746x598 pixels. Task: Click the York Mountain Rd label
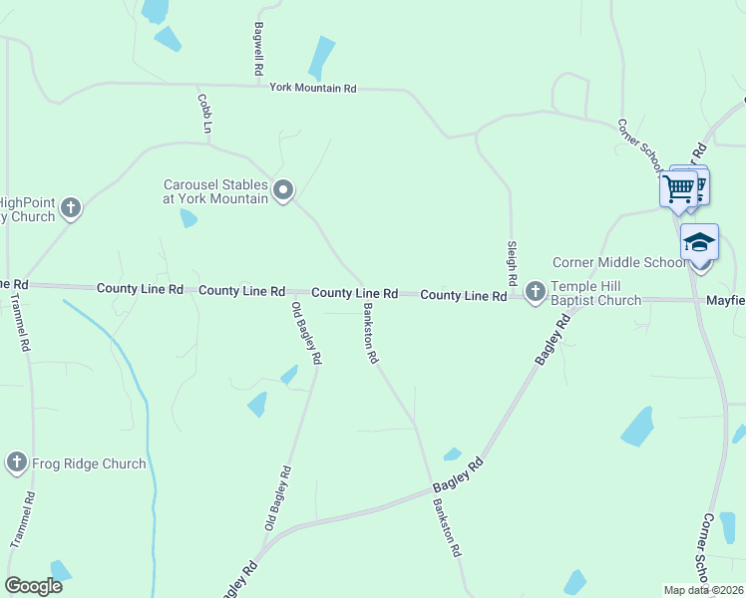[x=312, y=89]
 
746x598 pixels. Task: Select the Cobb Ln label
[x=205, y=114]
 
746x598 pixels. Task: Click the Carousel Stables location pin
[x=283, y=189]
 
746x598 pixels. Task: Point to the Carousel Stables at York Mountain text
[x=216, y=191]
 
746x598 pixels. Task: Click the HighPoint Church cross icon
[x=70, y=208]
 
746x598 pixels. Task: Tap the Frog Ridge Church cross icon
[x=17, y=462]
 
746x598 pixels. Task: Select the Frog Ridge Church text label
[x=88, y=463]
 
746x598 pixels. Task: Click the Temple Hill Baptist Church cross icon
[x=535, y=292]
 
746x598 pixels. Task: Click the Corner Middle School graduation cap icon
[x=699, y=243]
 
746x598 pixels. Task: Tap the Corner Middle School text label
[x=620, y=263]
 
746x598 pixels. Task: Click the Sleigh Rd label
[x=511, y=256]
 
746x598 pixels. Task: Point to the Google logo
[x=34, y=586]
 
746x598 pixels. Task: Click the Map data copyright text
[x=703, y=590]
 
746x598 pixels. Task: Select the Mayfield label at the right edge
[x=725, y=299]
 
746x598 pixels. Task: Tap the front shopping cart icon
[x=678, y=187]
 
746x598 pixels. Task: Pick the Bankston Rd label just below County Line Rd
[x=367, y=339]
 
